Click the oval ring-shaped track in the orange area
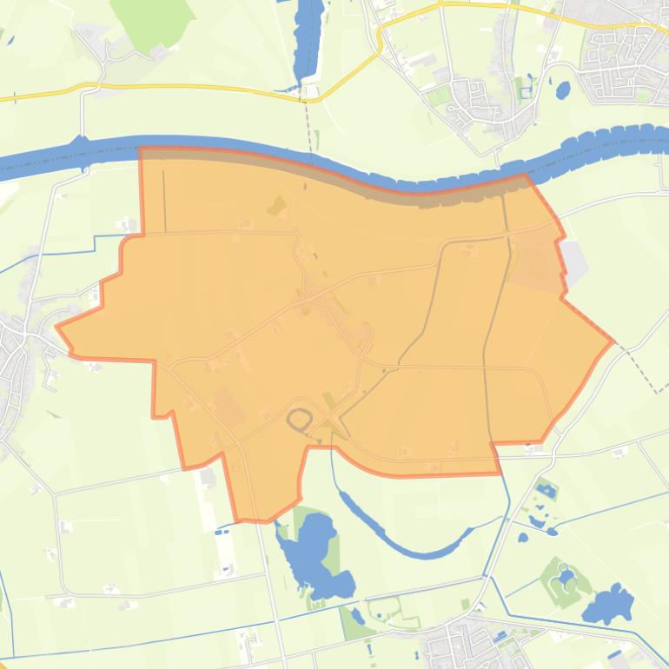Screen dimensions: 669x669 pos(300,420)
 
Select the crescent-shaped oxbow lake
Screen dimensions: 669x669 pos(400,534)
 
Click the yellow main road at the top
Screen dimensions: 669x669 pos(191,87)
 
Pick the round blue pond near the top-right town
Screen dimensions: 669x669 pos(562,88)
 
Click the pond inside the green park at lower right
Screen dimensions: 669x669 pos(566,577)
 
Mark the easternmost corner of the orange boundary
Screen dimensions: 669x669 pos(613,341)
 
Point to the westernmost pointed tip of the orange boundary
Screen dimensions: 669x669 pos(57,328)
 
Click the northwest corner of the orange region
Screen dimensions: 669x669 pos(141,149)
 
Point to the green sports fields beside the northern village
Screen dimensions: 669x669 pos(439,96)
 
